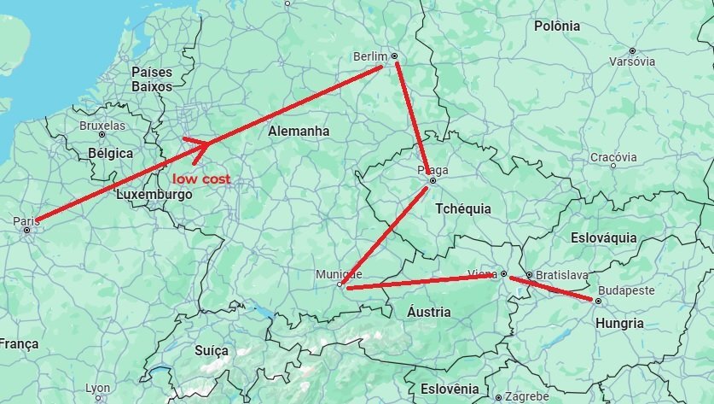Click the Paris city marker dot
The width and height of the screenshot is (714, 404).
[27, 230]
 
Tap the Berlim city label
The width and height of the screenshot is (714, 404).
[369, 57]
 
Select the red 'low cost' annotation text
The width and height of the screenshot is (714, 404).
[201, 179]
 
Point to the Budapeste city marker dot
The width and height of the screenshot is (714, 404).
[599, 301]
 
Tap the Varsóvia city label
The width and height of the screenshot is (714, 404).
[632, 61]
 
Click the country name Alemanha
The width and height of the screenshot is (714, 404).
[299, 132]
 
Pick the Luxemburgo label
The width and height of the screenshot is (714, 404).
[154, 195]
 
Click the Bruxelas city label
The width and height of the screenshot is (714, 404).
[102, 126]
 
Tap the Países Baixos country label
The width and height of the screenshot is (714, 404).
[152, 79]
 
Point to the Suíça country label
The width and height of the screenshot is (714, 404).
[212, 351]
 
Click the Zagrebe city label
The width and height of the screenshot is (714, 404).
[526, 397]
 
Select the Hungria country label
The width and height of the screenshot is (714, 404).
[620, 324]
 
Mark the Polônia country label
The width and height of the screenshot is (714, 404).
[557, 26]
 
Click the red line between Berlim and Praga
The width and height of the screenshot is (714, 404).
[414, 119]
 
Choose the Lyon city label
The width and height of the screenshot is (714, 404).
[98, 389]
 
